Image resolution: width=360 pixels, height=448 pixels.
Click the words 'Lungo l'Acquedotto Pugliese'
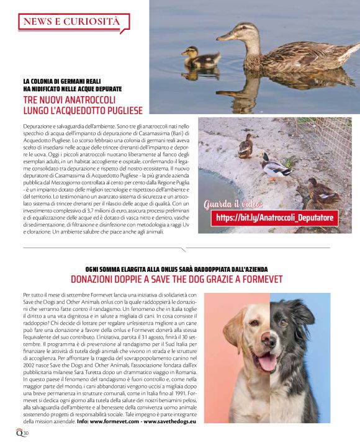(x=83, y=110)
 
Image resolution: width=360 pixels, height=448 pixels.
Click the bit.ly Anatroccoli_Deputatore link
(x=274, y=218)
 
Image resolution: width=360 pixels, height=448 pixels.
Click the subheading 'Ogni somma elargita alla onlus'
(x=179, y=269)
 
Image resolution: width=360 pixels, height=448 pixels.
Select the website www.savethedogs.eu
(x=169, y=421)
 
